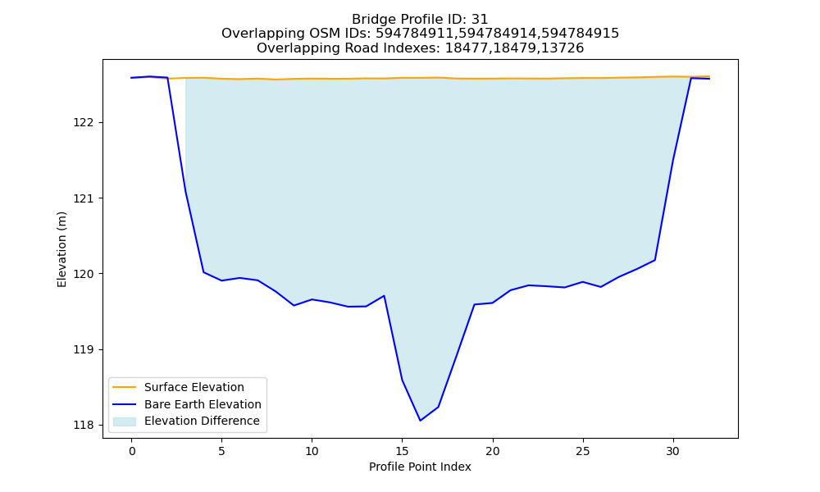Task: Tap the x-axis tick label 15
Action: coord(402,451)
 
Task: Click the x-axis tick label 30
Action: coord(673,451)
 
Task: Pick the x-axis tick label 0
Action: coord(131,451)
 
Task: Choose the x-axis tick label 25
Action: coord(582,451)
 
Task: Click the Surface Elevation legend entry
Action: coord(178,387)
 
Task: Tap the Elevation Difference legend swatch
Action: coord(125,421)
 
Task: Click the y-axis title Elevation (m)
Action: coord(61,249)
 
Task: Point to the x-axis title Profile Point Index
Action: coord(420,467)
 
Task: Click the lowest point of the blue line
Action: coord(420,421)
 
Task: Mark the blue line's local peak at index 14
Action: coord(384,296)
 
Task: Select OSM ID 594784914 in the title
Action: coord(499,34)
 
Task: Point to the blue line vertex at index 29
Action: coord(654,260)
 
